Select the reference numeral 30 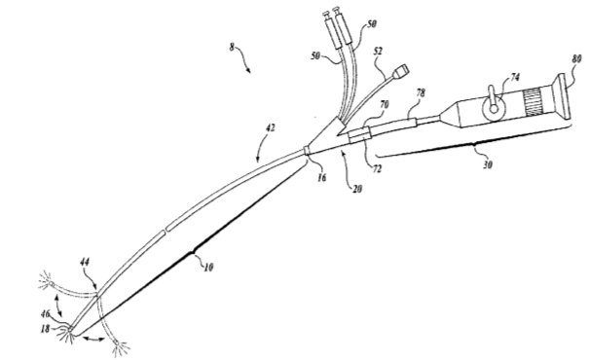pos(487,164)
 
